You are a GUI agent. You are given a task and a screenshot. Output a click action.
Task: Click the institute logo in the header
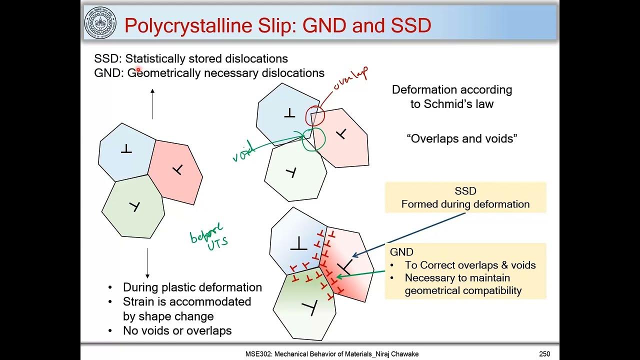[x=100, y=23]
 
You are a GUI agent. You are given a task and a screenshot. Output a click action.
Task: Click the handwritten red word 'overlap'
[x=350, y=80]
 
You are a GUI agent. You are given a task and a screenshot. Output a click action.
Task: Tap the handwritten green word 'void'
[x=244, y=150]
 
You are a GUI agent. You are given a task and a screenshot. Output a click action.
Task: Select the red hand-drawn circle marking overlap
[x=315, y=115]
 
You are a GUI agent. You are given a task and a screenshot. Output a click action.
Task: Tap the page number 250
[x=544, y=354]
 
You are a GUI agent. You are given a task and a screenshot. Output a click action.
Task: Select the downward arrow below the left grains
[x=147, y=263]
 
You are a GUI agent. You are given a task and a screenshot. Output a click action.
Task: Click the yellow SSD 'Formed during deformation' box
[x=465, y=197]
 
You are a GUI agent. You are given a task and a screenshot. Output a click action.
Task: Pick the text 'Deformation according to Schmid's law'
[x=452, y=96]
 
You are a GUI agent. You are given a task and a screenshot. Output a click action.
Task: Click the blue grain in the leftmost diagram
[x=125, y=150]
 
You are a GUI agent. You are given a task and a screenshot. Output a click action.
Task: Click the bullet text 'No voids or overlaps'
[x=177, y=330]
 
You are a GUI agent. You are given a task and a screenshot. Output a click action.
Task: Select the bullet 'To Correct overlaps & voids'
[x=470, y=265]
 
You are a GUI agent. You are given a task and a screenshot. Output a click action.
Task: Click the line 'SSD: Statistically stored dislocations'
[x=191, y=58]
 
